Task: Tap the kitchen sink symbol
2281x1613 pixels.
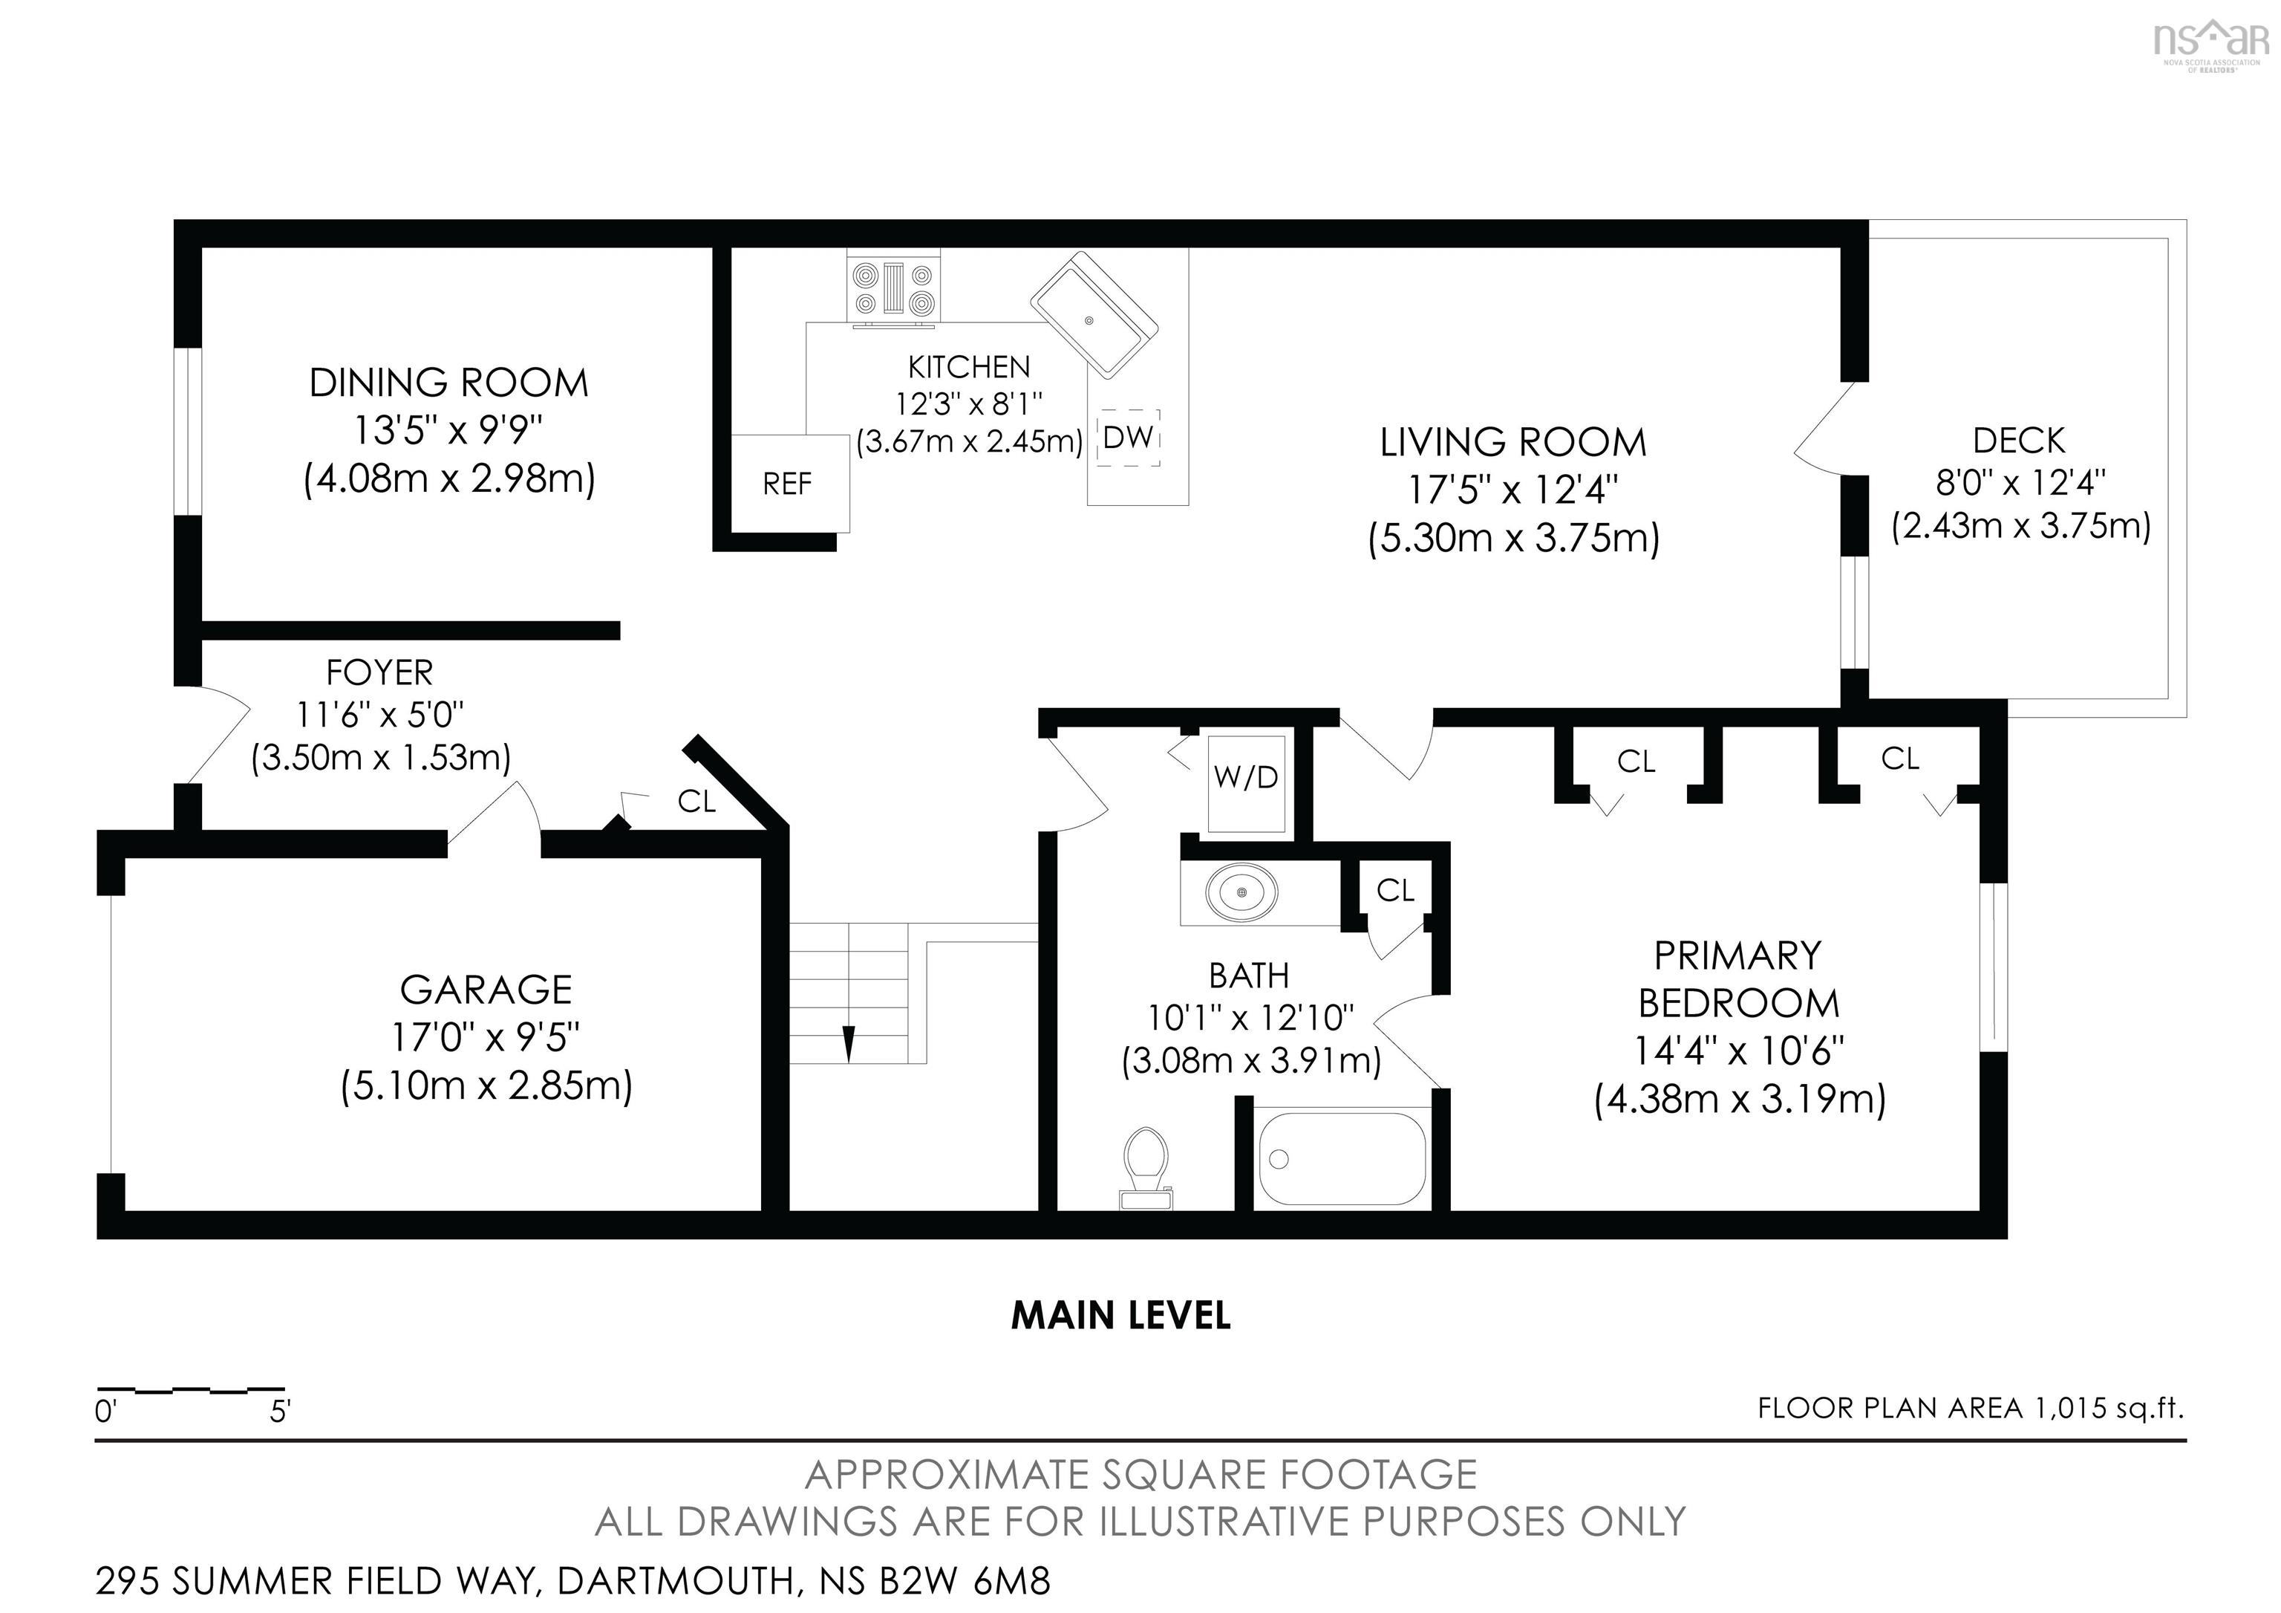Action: pyautogui.click(x=1094, y=314)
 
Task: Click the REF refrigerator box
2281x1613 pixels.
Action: pyautogui.click(x=788, y=483)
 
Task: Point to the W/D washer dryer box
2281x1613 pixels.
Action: pyautogui.click(x=1246, y=778)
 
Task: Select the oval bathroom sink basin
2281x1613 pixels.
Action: pyautogui.click(x=1241, y=892)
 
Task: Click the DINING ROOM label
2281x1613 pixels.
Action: pyautogui.click(x=449, y=383)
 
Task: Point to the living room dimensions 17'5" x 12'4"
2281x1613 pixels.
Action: pyautogui.click(x=1513, y=490)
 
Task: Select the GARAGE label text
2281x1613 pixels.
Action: pyautogui.click(x=486, y=990)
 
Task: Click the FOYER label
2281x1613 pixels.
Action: pyautogui.click(x=379, y=673)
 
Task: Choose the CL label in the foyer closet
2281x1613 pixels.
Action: pyautogui.click(x=696, y=801)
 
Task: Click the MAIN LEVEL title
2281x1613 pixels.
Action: pyautogui.click(x=1120, y=1315)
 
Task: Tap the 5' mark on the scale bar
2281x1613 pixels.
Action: pyautogui.click(x=280, y=1411)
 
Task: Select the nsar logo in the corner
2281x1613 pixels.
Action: pyautogui.click(x=2210, y=42)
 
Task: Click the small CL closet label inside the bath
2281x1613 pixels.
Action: pyautogui.click(x=1395, y=891)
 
